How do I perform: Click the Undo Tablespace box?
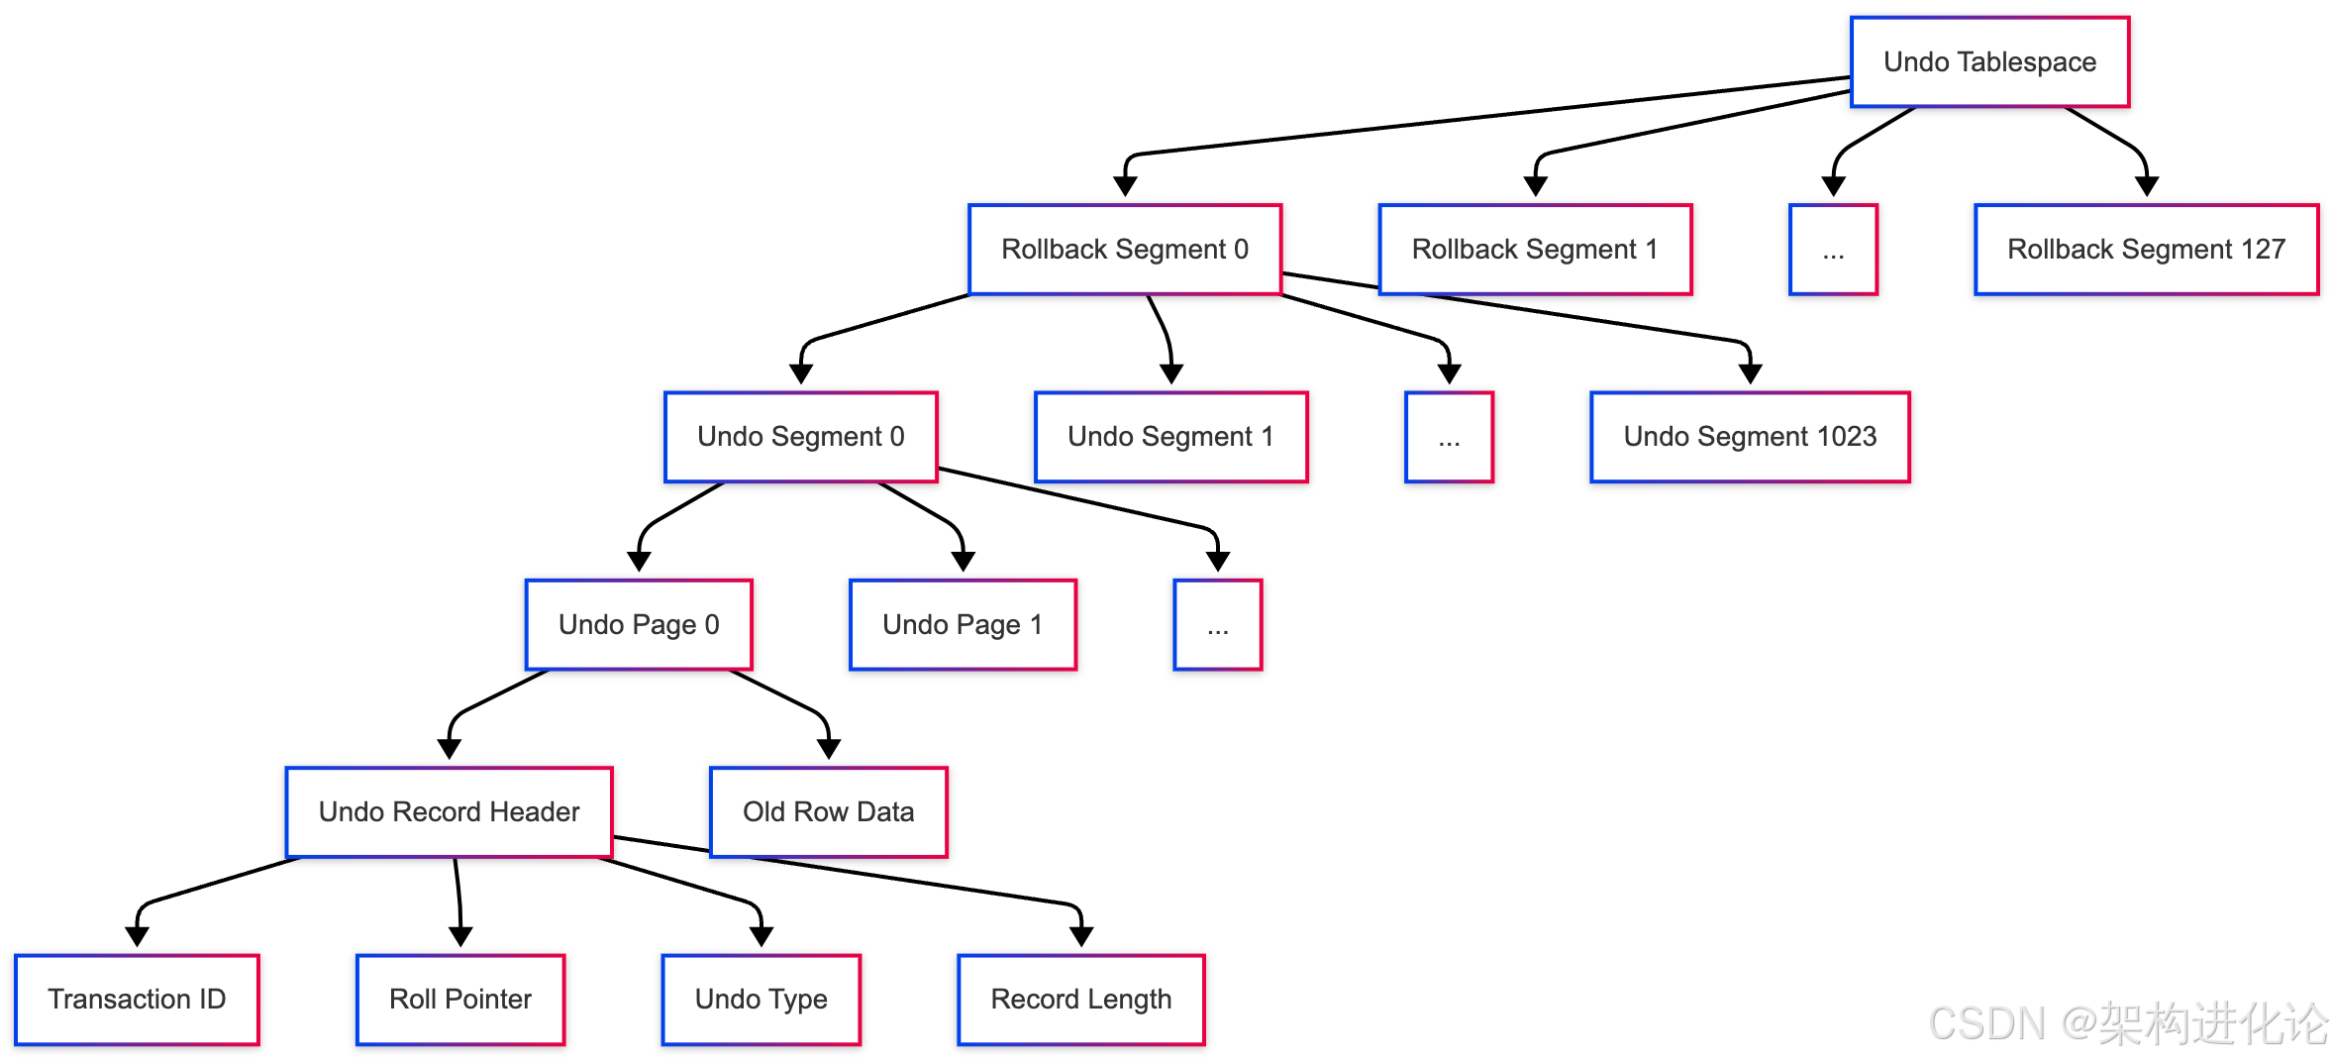coord(1989,61)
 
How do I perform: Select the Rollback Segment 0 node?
coord(1125,249)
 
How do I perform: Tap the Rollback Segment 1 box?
coord(1535,249)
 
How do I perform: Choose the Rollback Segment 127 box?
coord(2146,249)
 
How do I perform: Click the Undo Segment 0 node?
coord(800,437)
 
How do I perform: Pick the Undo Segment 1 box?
coord(1170,437)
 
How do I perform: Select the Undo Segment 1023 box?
coord(1750,437)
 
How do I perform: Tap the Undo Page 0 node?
coord(639,624)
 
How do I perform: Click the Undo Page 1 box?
coord(963,624)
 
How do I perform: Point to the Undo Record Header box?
coord(449,811)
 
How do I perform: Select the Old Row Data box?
coord(828,811)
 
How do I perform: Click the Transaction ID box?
coord(137,999)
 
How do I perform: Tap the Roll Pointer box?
coord(460,999)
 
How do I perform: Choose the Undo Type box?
coord(761,999)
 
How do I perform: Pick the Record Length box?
coord(1080,999)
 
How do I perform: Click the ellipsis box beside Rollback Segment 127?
coord(1833,249)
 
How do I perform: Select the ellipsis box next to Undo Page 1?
coord(1217,624)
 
